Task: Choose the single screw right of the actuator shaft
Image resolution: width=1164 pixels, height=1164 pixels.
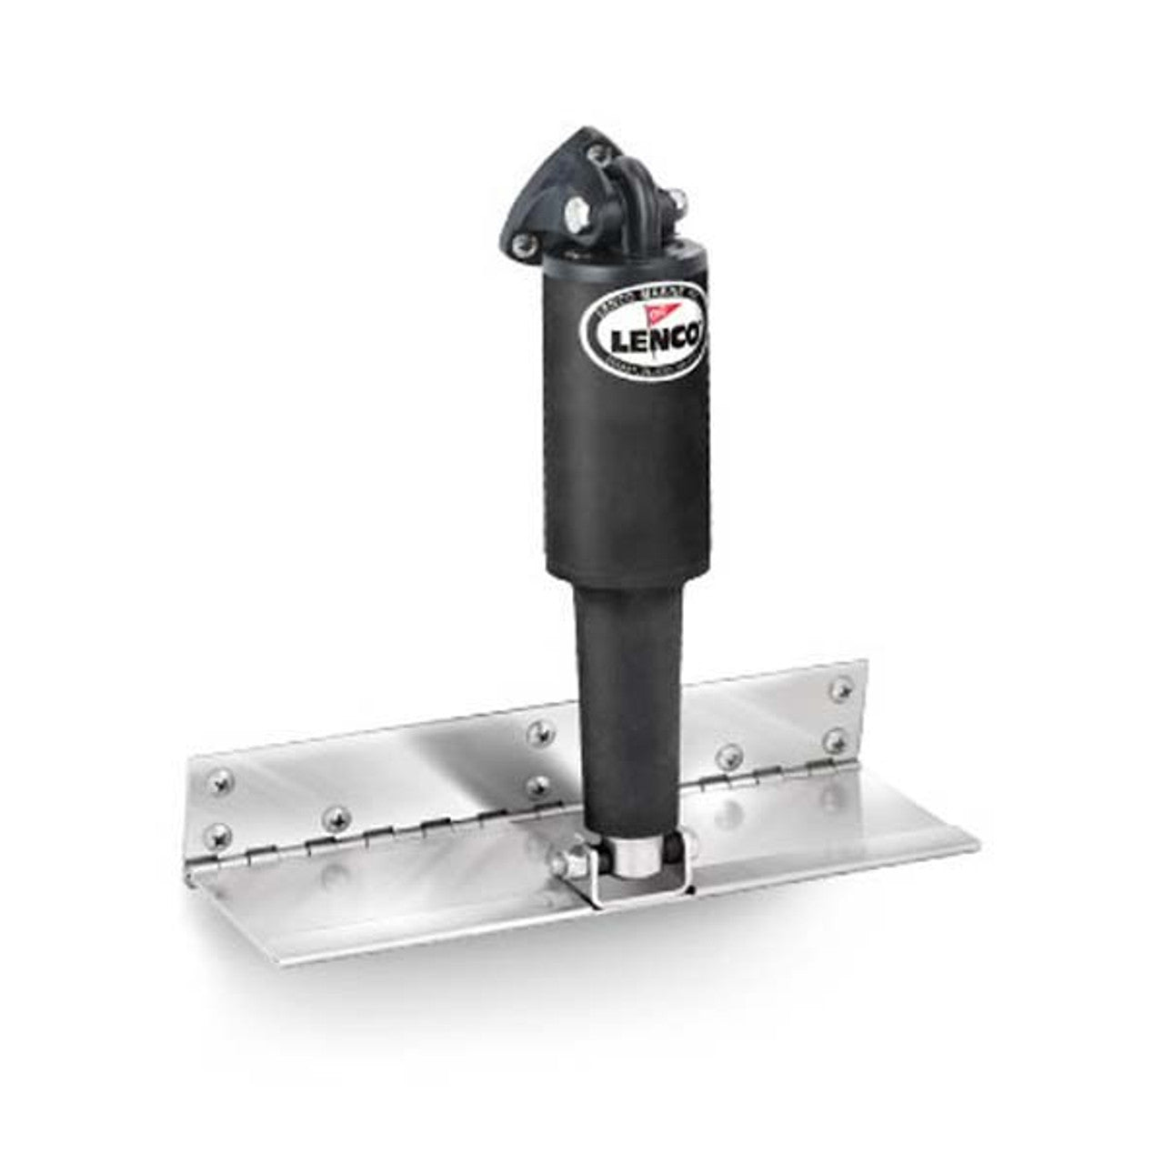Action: (x=727, y=754)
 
